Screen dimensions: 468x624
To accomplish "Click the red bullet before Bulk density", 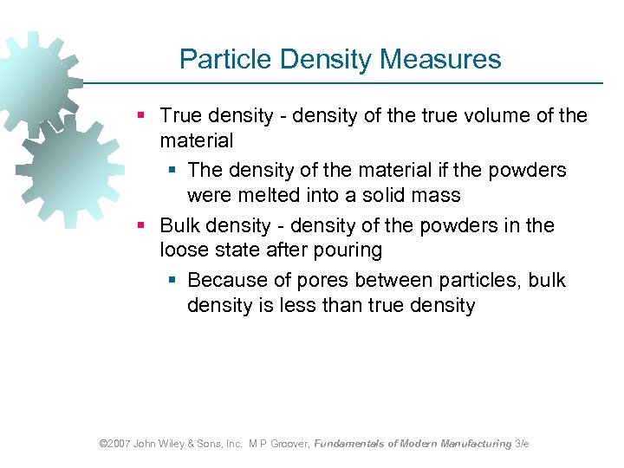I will coord(142,226).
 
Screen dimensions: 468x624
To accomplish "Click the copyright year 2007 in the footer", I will coord(117,444).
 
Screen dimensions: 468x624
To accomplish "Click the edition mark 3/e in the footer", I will coord(522,444).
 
